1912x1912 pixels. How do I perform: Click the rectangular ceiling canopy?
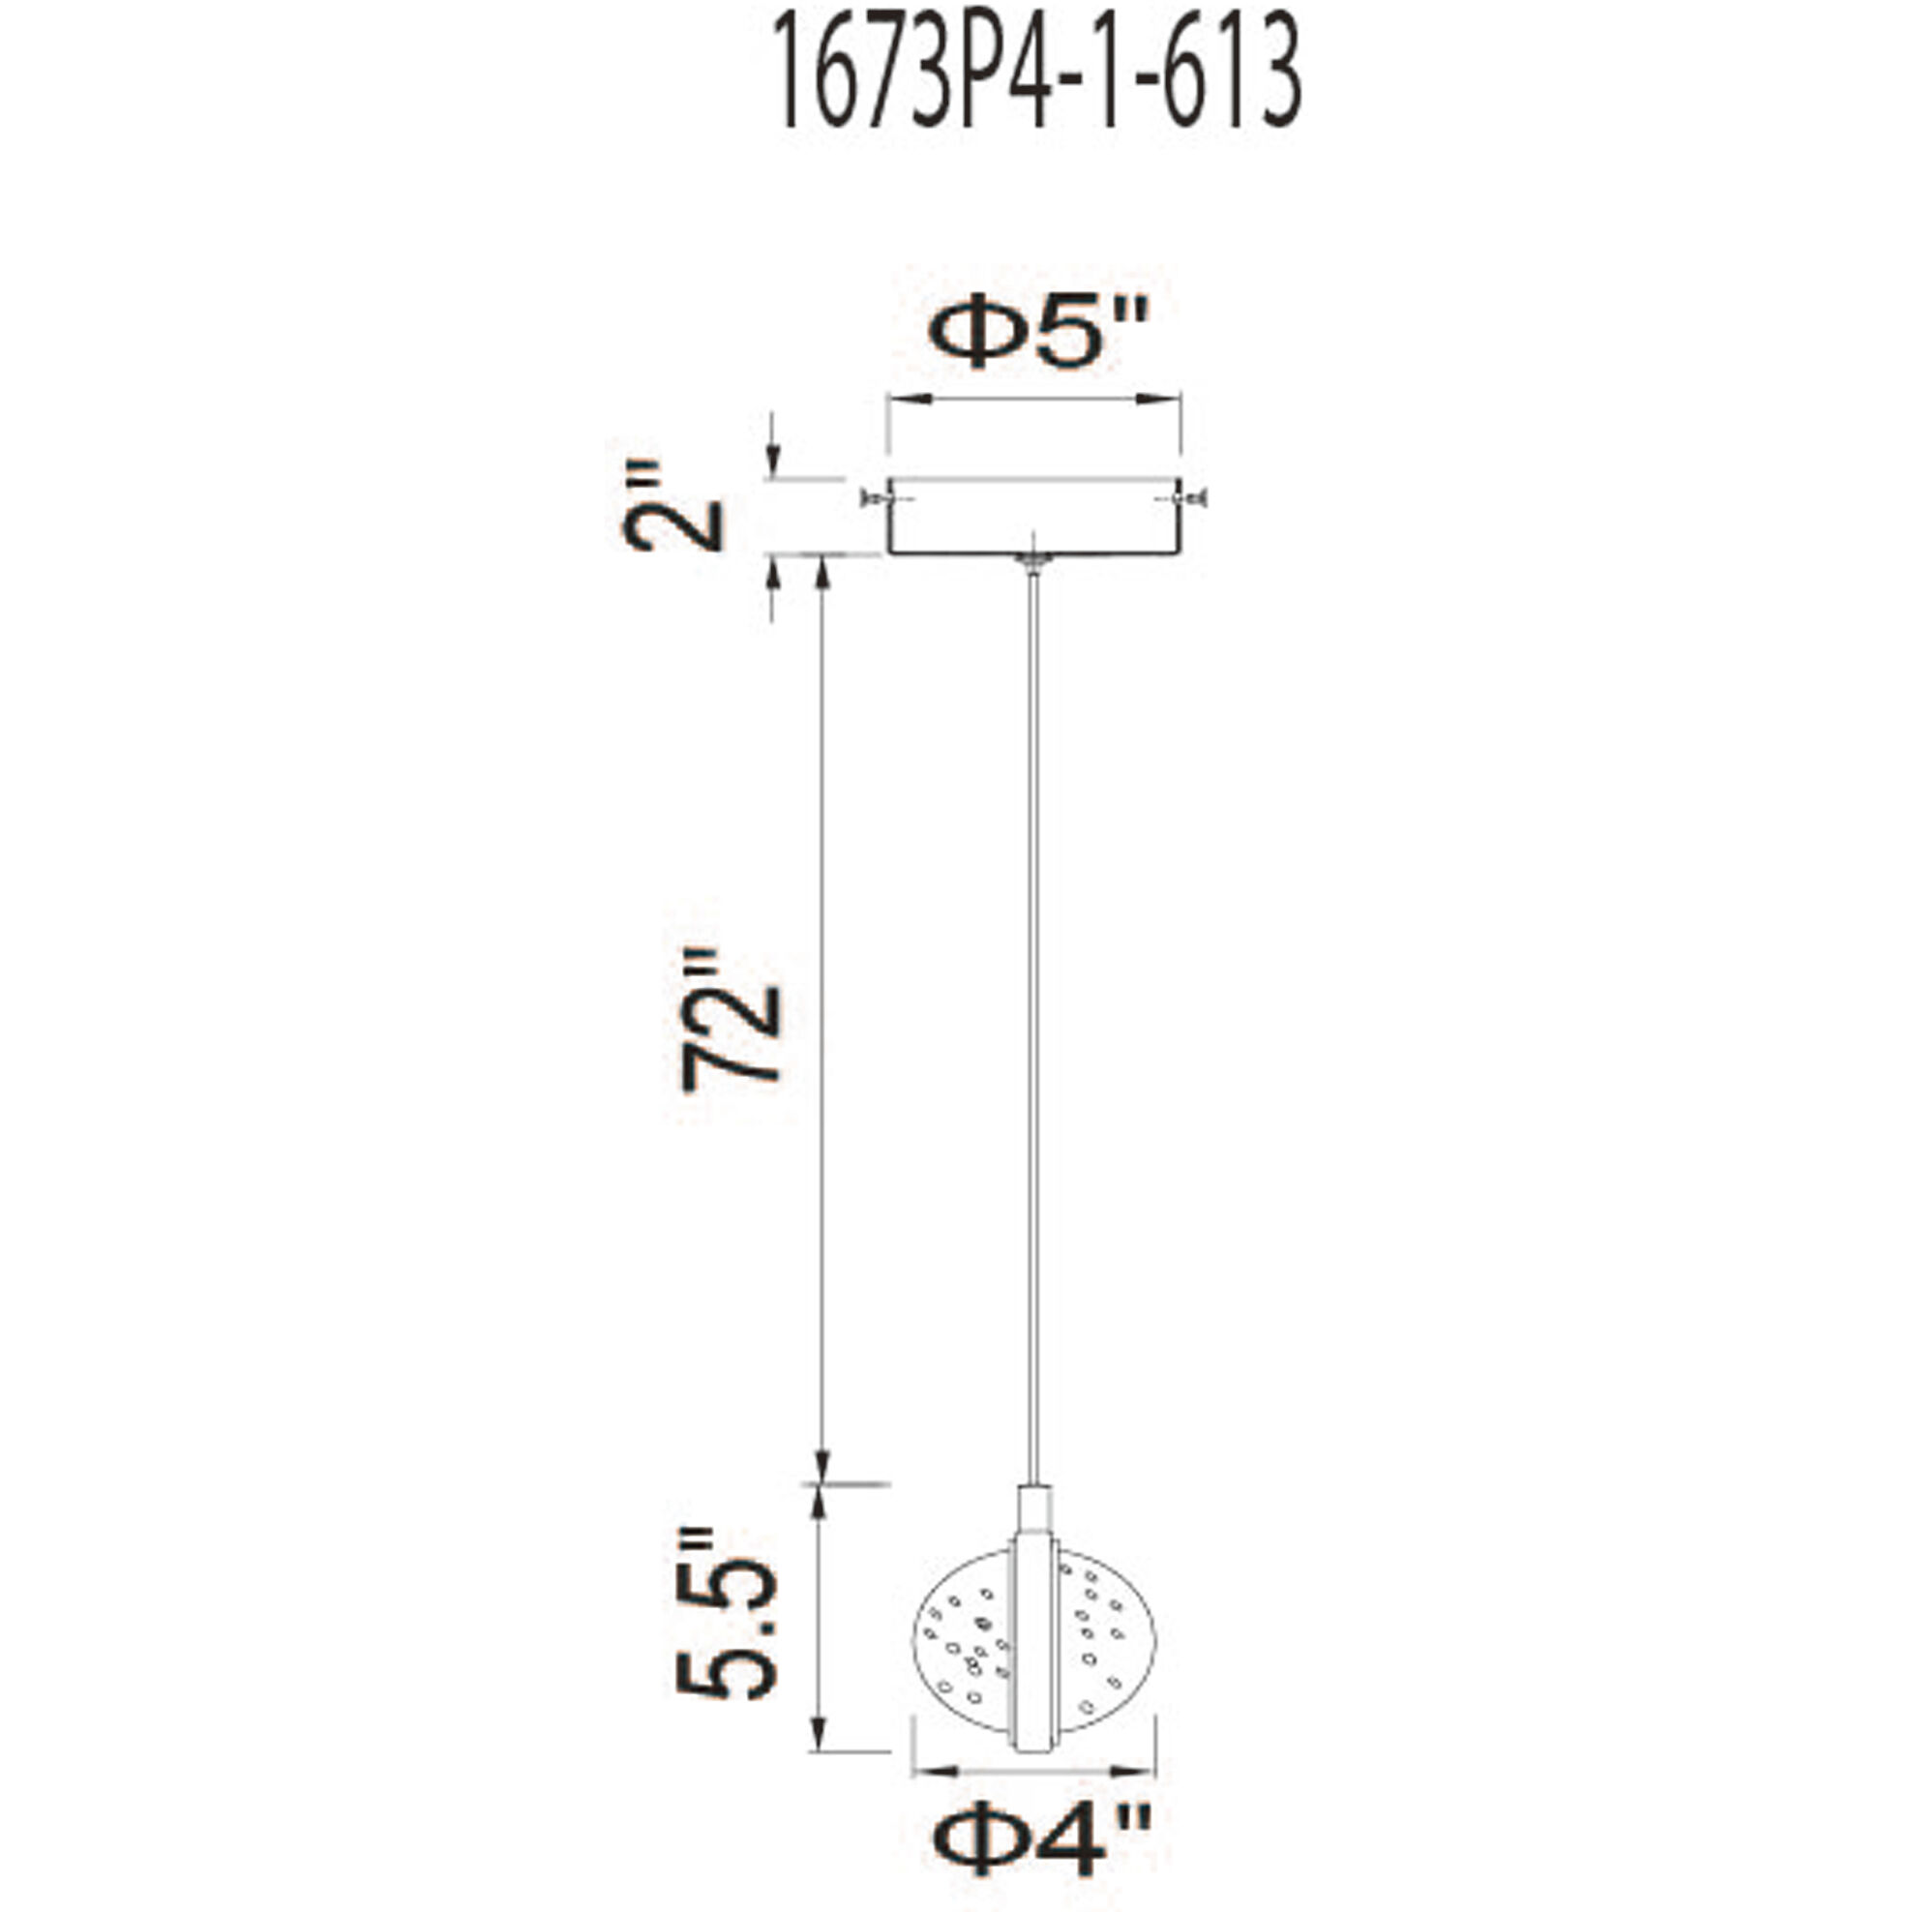[1033, 517]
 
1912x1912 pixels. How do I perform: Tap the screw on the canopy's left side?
[872, 497]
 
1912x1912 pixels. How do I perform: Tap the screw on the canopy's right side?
[1194, 497]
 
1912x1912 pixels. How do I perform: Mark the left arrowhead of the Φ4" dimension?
[927, 1769]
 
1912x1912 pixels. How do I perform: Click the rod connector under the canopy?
[1033, 561]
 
